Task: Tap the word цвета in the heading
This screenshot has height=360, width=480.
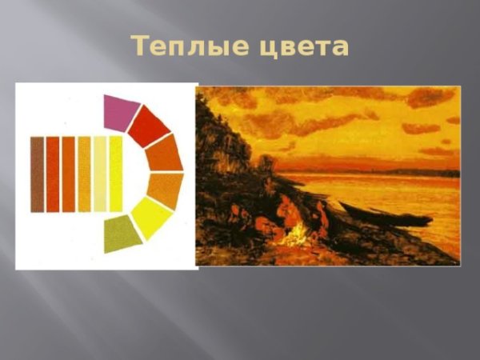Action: click(304, 47)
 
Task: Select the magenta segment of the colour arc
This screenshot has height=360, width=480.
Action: click(120, 112)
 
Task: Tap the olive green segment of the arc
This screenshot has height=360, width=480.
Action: click(122, 233)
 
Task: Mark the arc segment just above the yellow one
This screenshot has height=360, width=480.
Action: click(165, 188)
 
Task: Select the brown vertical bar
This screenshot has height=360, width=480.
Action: click(37, 174)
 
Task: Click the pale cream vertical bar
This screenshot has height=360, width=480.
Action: click(100, 174)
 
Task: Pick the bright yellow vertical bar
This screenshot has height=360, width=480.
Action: click(115, 174)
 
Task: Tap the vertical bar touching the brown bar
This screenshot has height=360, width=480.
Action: click(53, 174)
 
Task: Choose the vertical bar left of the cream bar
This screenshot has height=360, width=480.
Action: click(84, 174)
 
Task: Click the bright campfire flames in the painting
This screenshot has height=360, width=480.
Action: click(297, 234)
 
